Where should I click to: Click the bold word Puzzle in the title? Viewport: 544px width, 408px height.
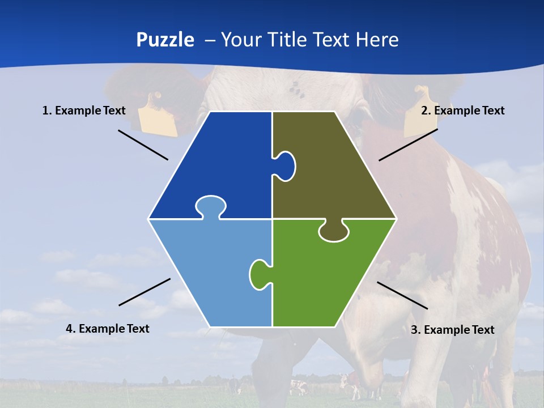coord(165,40)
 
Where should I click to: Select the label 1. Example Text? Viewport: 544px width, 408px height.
coord(84,110)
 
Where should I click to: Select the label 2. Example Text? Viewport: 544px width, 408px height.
coord(462,110)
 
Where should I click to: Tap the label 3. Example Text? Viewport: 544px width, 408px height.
coord(452,330)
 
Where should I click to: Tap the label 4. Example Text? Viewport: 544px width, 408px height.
coord(108,329)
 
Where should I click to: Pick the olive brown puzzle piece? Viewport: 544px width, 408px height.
coord(334,170)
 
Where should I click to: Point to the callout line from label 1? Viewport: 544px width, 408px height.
coord(143,144)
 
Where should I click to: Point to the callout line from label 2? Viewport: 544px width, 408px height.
coord(408,144)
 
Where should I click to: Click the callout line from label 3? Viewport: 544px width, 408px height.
coord(402,295)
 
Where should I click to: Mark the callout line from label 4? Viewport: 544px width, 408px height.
coord(144,292)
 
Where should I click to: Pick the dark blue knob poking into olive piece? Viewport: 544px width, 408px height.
coord(285,165)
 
